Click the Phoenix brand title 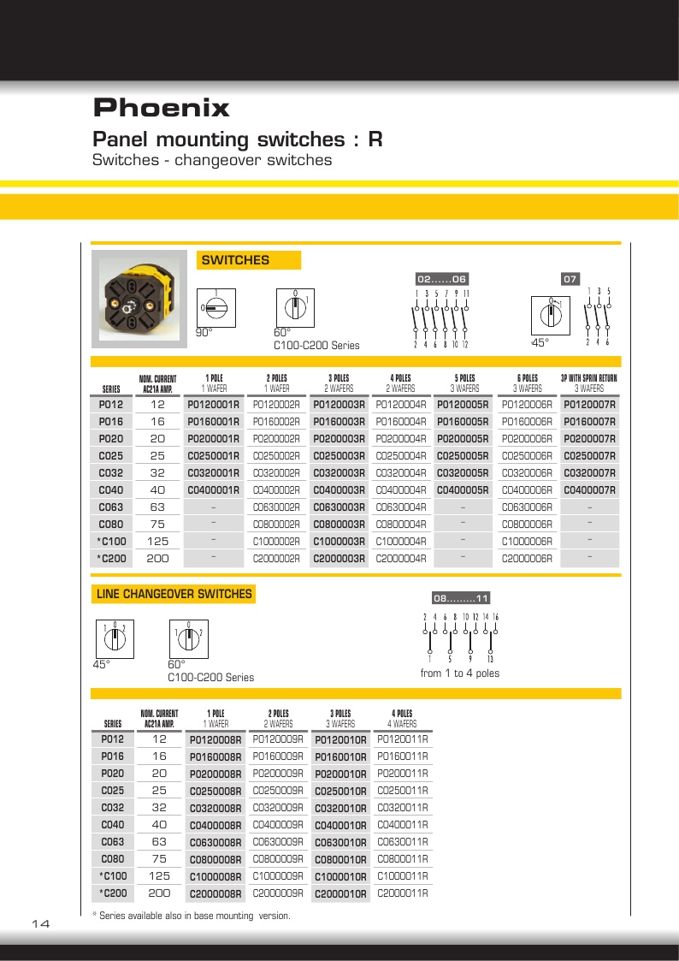161,109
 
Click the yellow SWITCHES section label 235,260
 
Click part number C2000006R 526,559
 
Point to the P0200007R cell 589,439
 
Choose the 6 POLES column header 527,377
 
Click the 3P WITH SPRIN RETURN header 589,377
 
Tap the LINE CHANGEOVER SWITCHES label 174,594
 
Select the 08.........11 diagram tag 460,598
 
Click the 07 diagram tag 570,278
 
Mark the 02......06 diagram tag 442,278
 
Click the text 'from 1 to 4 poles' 459,673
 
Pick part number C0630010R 340,842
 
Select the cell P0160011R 402,756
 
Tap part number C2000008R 216,893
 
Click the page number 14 41,924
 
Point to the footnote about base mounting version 191,916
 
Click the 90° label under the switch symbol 204,333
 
